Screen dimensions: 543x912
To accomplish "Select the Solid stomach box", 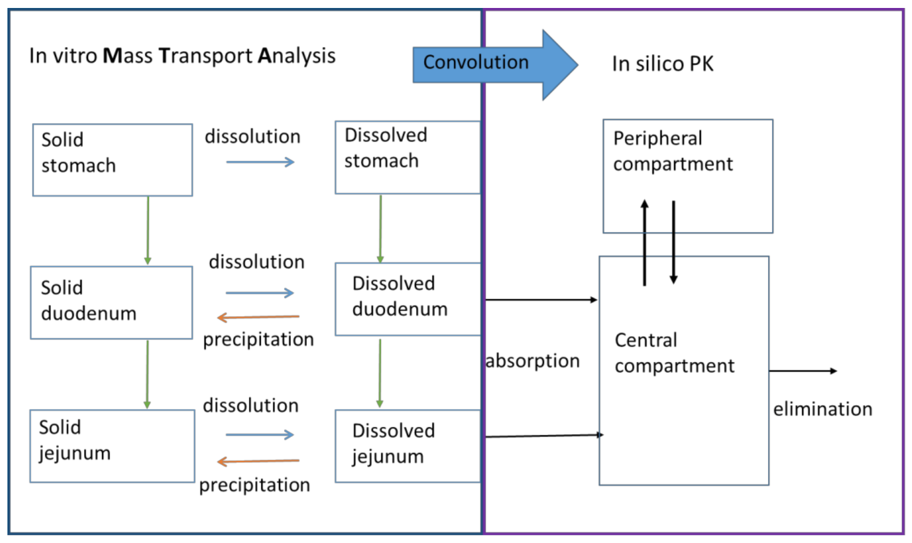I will click(112, 160).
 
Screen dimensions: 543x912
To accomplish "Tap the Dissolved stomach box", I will click(407, 157).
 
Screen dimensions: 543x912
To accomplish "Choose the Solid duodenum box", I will click(111, 302).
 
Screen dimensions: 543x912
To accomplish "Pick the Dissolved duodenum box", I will click(407, 299).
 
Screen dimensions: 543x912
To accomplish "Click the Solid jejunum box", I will click(112, 446).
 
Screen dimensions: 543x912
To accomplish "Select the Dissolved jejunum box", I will click(407, 446).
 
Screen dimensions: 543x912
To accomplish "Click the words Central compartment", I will click(674, 353).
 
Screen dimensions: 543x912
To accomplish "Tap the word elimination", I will click(822, 409).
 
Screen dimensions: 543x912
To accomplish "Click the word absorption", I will click(532, 361).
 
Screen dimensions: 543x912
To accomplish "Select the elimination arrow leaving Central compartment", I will click(802, 371).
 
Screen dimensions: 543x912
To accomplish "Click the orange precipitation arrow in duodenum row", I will click(259, 317).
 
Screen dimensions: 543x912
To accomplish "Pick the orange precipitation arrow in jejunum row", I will click(259, 461).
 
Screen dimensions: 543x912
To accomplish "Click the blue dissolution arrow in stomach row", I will click(260, 162).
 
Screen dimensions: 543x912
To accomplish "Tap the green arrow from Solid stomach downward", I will click(148, 230).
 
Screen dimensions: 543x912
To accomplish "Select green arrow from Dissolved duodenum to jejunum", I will click(380, 373).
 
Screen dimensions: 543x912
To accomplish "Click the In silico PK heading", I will click(662, 64).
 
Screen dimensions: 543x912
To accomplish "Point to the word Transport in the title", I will click(206, 56).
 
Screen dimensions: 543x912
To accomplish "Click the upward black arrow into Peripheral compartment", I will click(644, 243).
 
